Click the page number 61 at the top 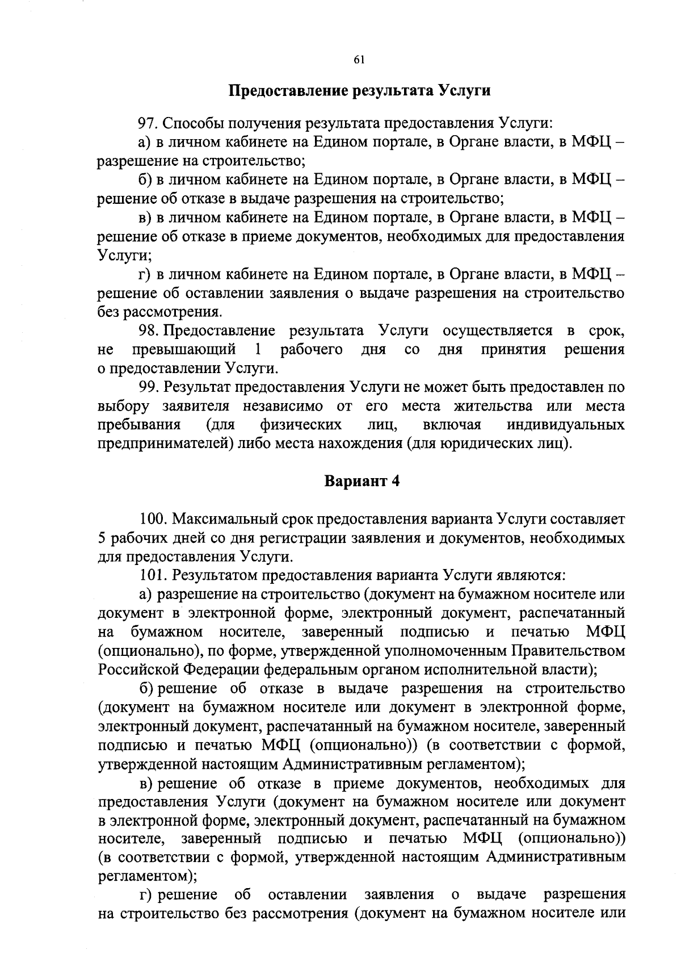[x=358, y=61]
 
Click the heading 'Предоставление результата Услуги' [x=360, y=91]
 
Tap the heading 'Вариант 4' [x=362, y=481]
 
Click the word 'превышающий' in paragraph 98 [x=184, y=350]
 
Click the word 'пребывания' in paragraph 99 [x=139, y=425]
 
